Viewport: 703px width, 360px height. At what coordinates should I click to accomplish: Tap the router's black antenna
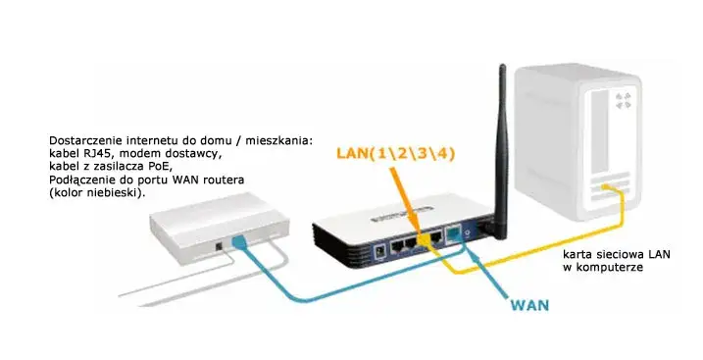501,147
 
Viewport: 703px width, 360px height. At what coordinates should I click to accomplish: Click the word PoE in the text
173,169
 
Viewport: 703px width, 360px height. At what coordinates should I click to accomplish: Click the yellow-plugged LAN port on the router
427,238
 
